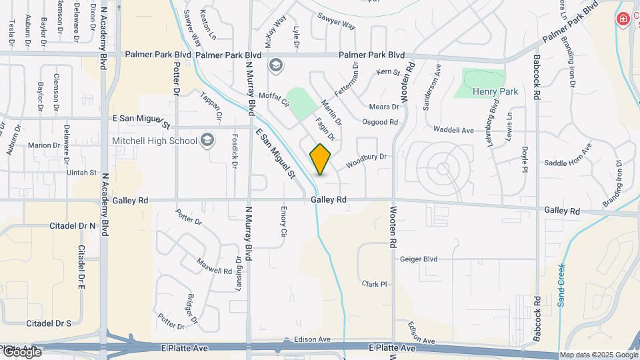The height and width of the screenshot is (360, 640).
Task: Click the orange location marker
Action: tap(320, 159)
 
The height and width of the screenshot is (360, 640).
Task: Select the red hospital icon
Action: tap(623, 19)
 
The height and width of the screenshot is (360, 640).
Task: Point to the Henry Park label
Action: tap(495, 91)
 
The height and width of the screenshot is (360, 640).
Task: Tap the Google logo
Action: tap(21, 351)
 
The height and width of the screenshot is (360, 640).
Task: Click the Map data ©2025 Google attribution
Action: tap(598, 355)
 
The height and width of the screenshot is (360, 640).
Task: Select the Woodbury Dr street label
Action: tap(366, 161)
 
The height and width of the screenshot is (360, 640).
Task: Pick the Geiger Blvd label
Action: tap(419, 259)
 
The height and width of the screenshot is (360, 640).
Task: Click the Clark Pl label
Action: tap(374, 284)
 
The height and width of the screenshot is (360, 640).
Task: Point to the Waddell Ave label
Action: tap(453, 130)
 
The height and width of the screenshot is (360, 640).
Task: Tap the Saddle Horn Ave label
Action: tap(568, 163)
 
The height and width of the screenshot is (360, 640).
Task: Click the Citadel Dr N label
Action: tap(73, 226)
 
